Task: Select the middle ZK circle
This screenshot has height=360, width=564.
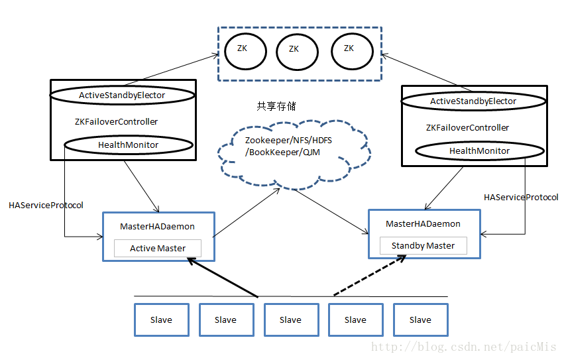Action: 294,49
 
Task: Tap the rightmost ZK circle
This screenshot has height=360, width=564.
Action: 349,48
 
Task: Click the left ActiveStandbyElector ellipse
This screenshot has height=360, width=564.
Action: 122,95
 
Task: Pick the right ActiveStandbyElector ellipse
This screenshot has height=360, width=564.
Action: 473,101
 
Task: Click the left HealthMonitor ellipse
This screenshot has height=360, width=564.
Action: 128,145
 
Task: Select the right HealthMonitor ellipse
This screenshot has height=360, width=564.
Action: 479,151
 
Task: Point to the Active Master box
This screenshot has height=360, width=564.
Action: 157,249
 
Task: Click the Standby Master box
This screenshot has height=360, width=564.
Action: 423,246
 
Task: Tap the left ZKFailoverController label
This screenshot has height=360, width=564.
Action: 117,122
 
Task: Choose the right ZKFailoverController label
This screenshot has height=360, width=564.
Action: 467,127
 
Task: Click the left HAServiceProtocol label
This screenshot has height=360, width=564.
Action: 46,206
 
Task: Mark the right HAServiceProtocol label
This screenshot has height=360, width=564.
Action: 521,198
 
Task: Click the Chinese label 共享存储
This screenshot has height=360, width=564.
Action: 276,106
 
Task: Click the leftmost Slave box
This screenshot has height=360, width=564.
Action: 161,320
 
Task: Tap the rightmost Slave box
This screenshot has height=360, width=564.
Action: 420,320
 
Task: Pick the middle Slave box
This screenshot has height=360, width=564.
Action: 290,320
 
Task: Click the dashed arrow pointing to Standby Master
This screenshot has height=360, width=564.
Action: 368,276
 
